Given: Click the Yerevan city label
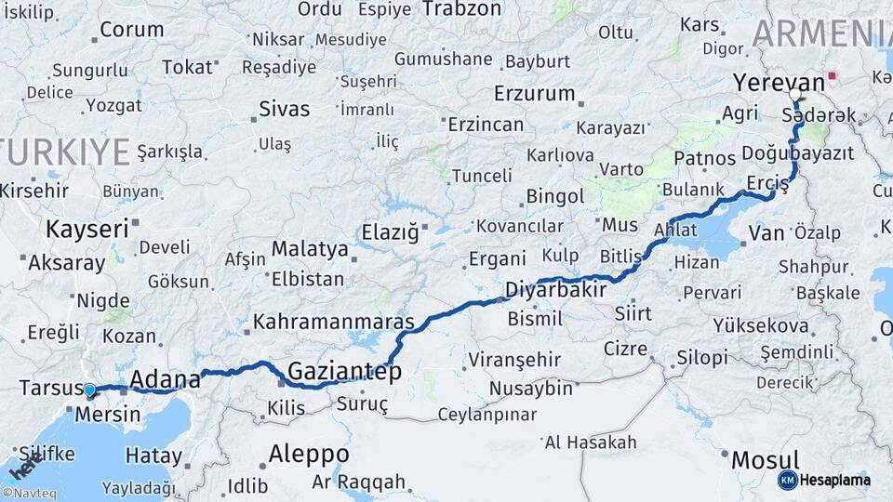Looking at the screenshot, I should click(766, 82).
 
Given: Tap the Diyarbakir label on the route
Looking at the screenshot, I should click(555, 291).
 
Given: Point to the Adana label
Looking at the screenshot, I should click(166, 379).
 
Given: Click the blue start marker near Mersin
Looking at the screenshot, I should click(89, 390).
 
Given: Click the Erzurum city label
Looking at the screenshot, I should click(535, 94).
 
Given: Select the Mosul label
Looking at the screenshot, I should click(765, 459).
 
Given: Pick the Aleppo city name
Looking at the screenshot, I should click(309, 455).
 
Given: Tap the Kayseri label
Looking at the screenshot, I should click(87, 229).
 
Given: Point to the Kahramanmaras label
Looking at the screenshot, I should click(333, 323).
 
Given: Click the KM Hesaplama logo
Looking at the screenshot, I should click(824, 480).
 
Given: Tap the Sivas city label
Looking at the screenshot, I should click(284, 110).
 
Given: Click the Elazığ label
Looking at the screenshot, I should click(390, 233).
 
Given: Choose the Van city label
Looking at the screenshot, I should click(766, 233).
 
